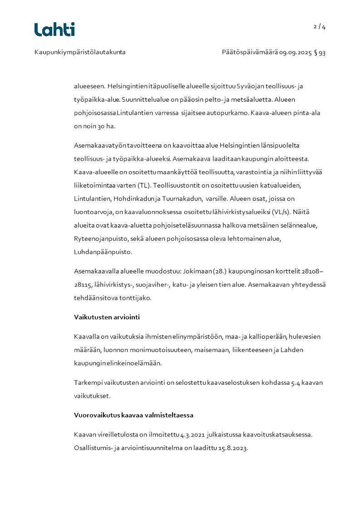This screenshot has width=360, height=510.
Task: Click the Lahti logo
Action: pos(54,30)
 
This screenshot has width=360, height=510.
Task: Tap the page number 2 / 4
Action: pos(320,27)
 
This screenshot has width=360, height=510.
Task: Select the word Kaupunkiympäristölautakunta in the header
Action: pos(80,52)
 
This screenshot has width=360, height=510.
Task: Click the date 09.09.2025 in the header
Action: pos(295,52)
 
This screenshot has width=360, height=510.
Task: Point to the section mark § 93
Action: pos(320,52)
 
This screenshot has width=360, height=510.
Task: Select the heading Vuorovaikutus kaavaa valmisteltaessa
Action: pos(134,415)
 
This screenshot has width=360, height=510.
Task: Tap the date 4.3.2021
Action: pos(192,435)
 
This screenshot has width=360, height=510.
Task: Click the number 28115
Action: pos(83,284)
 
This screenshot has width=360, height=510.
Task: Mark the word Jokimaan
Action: pos(196,272)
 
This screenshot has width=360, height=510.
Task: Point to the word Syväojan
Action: pos(251,86)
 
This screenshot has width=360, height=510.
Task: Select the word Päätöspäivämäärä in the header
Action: pos(249,52)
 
